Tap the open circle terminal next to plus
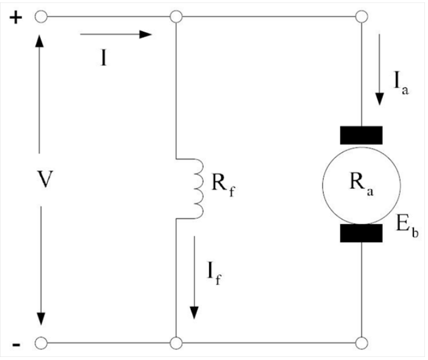click(41, 17)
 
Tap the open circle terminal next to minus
click(41, 344)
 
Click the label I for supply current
click(104, 60)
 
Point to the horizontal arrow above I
click(115, 35)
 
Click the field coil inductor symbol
click(197, 188)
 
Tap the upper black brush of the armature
click(362, 135)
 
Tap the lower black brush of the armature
click(362, 233)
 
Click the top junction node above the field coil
click(176, 17)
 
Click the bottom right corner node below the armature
click(361, 344)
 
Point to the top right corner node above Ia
click(361, 17)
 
